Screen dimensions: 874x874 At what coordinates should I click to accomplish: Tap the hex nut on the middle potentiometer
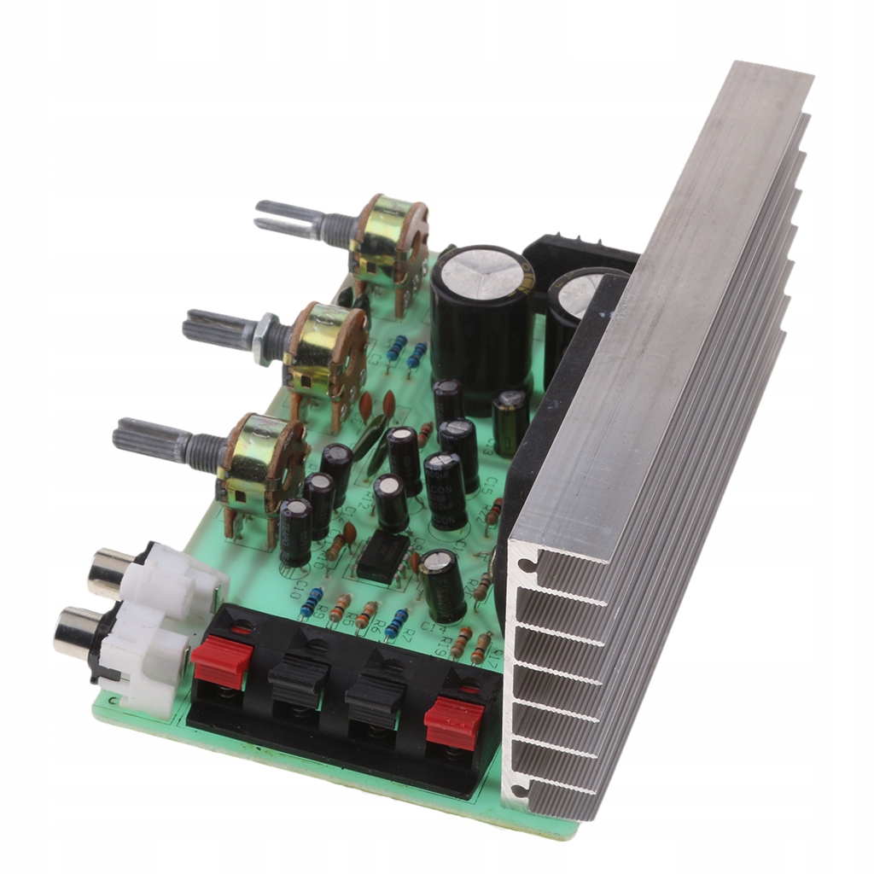265,333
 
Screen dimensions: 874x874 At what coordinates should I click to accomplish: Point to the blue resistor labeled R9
312,603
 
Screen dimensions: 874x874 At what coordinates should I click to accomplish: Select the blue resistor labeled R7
396,624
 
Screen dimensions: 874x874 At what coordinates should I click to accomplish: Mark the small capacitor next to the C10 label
295,529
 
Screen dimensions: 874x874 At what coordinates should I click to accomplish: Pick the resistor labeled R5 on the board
340,608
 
